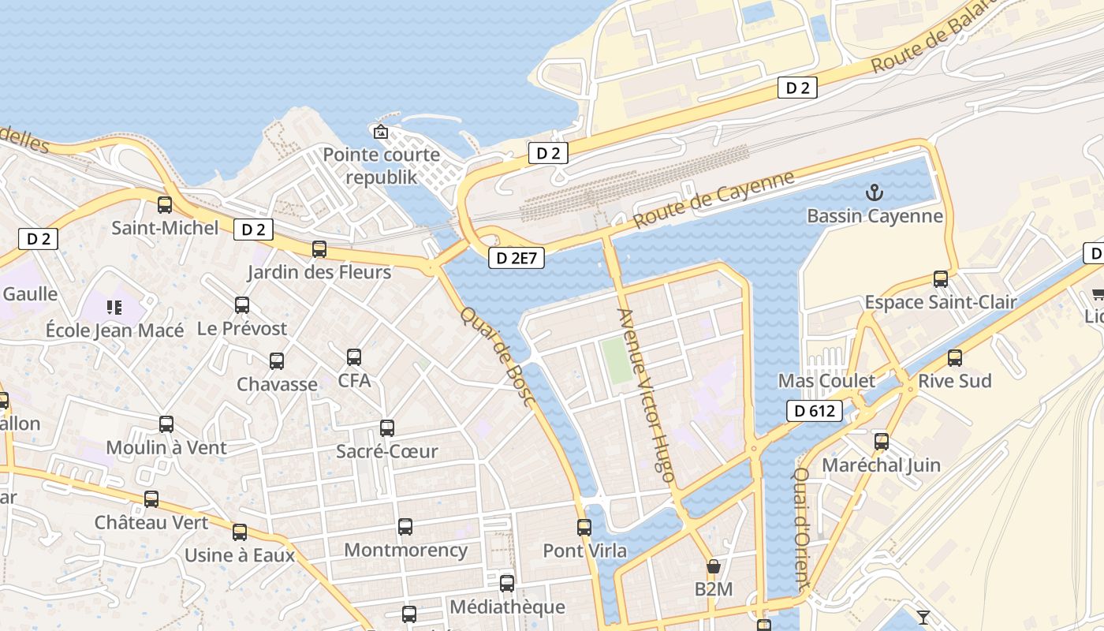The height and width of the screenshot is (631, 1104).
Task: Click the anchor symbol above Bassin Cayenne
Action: pyautogui.click(x=874, y=192)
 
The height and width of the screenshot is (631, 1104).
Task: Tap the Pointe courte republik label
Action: pyautogui.click(x=382, y=166)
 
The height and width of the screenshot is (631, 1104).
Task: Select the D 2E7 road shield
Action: pyautogui.click(x=517, y=257)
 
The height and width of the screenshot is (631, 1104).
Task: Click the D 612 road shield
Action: pyautogui.click(x=815, y=410)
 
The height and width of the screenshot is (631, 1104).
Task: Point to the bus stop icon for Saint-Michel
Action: pyautogui.click(x=165, y=205)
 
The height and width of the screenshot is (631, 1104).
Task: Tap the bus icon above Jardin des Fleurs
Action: pyautogui.click(x=319, y=249)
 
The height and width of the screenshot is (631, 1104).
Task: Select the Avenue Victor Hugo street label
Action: pyautogui.click(x=647, y=394)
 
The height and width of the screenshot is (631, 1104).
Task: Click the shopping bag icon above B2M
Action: pyautogui.click(x=714, y=566)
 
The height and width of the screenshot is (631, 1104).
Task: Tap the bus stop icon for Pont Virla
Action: pyautogui.click(x=584, y=527)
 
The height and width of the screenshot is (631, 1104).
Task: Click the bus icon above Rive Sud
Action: pyautogui.click(x=955, y=358)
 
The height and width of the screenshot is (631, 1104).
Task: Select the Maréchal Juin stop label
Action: pyautogui.click(x=881, y=465)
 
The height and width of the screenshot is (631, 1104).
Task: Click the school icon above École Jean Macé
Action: pyautogui.click(x=114, y=307)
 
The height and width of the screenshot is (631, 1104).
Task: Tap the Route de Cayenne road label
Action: pyautogui.click(x=714, y=200)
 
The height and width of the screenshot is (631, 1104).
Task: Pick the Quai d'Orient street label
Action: pyautogui.click(x=802, y=529)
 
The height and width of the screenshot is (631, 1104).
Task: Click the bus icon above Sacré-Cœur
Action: pyautogui.click(x=387, y=428)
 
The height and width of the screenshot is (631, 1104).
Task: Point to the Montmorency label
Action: pyautogui.click(x=405, y=550)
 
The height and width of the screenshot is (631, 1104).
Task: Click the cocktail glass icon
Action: pyautogui.click(x=923, y=617)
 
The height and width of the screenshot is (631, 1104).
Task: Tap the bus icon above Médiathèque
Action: pyautogui.click(x=507, y=584)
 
